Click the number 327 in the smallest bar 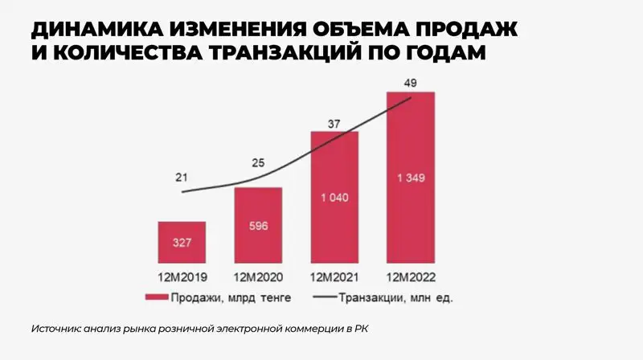coord(182,242)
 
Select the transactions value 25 coord(258,164)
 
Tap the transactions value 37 coord(334,124)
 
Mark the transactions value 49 coord(411,84)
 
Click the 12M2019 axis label coord(182,277)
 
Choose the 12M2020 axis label coord(258,277)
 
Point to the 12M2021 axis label coord(334,277)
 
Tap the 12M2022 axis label coord(411,277)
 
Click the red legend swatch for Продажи coord(155,297)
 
